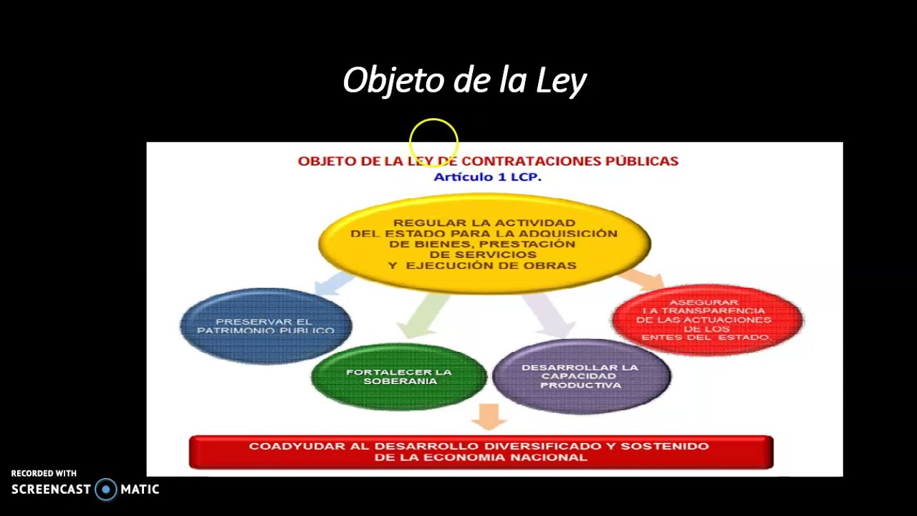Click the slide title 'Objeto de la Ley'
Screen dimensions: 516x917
464,81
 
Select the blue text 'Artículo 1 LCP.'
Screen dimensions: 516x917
487,177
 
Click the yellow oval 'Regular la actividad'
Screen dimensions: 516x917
484,244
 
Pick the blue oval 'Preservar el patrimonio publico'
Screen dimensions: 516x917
266,326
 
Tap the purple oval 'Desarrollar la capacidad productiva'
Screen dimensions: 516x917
581,376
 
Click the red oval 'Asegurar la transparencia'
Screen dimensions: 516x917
706,320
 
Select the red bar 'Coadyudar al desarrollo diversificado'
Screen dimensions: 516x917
481,451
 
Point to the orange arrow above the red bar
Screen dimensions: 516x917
490,416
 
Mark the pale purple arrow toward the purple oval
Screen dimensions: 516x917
548,313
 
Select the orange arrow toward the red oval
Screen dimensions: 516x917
643,279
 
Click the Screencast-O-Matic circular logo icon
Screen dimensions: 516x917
106,489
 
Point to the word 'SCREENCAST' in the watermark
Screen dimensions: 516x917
51,489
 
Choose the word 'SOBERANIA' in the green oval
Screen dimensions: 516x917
400,381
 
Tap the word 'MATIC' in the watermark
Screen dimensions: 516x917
140,489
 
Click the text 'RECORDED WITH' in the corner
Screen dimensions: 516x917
44,474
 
